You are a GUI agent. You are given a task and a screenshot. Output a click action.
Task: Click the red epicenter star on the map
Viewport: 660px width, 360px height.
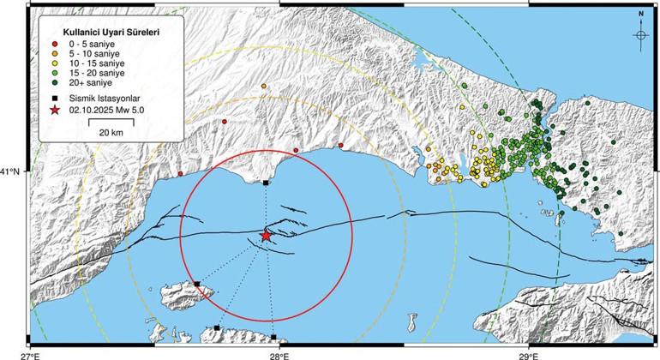point(266,235)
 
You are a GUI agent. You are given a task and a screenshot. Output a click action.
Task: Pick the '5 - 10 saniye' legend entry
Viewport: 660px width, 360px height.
point(85,53)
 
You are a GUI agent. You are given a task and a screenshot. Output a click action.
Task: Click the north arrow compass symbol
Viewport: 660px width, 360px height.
point(640,33)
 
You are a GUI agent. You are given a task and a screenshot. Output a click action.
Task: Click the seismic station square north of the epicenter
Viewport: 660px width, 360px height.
point(266,183)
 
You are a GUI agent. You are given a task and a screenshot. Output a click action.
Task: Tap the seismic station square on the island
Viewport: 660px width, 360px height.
point(197,284)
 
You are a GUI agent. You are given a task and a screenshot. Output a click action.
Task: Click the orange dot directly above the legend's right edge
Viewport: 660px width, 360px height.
point(264,86)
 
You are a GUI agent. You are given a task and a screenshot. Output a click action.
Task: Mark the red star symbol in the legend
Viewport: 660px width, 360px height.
point(56,111)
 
